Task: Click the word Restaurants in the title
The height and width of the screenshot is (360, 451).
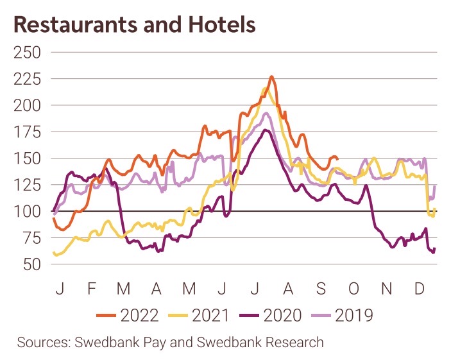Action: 71,24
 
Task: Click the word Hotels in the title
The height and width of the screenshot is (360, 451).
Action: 219,24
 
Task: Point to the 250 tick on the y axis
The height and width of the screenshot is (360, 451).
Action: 27,51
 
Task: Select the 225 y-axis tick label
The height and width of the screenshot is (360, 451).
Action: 27,78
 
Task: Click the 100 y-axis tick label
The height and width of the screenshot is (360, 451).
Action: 27,211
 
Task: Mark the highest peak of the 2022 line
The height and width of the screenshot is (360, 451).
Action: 271,76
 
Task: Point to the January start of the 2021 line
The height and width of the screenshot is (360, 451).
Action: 53,253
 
